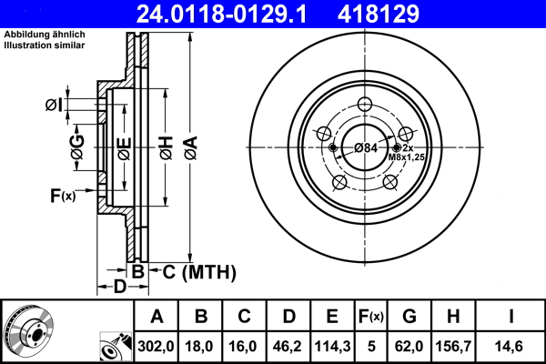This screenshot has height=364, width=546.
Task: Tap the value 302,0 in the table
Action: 157,347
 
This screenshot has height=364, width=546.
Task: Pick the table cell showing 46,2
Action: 289,347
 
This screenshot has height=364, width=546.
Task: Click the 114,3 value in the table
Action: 333,347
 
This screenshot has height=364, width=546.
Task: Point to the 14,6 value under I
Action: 512,347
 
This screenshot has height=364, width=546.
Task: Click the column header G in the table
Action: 409,318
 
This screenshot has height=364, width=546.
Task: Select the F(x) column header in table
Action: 371,318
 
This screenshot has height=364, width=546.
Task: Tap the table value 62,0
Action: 409,347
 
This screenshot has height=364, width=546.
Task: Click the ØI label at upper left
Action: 53,105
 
